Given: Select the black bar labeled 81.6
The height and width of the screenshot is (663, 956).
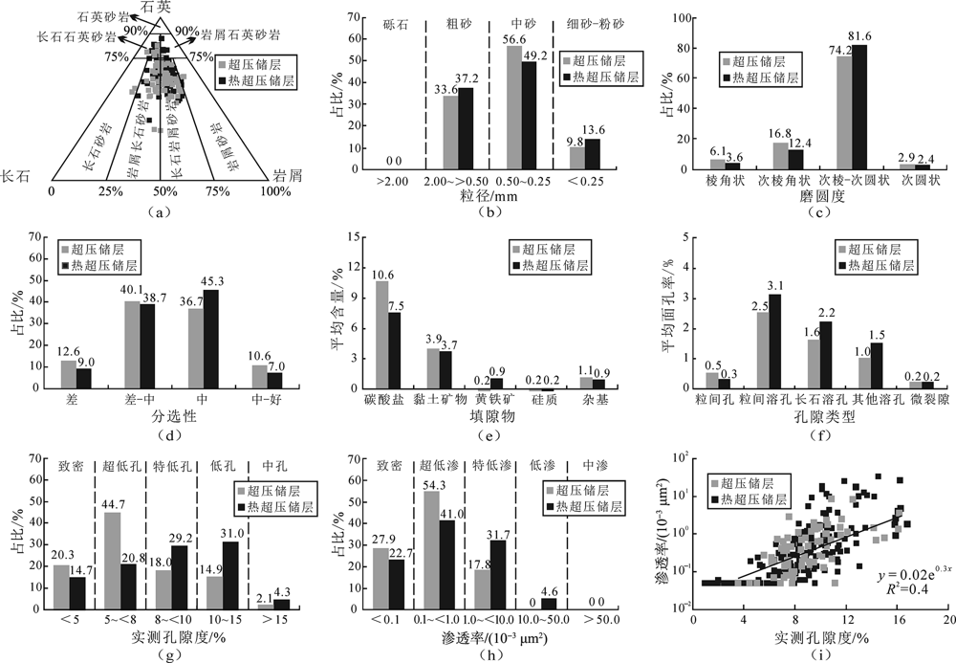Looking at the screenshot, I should [x=860, y=106].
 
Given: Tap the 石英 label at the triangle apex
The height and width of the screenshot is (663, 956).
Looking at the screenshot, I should [x=159, y=8].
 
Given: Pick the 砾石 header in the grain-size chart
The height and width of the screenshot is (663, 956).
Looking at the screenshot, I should [x=394, y=21].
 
